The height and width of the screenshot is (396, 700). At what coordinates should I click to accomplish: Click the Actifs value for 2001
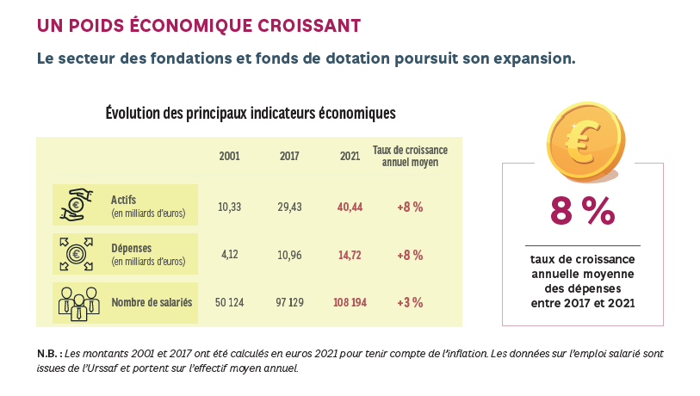pyautogui.click(x=229, y=207)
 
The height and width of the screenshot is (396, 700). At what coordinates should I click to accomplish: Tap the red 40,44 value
pyautogui.click(x=350, y=207)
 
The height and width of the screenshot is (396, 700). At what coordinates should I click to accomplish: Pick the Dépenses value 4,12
pyautogui.click(x=229, y=255)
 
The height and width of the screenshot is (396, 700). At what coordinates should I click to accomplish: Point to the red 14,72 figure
pyautogui.click(x=350, y=255)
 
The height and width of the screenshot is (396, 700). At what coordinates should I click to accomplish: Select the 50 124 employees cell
pyautogui.click(x=229, y=302)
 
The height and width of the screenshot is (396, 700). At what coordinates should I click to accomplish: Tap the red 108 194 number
pyautogui.click(x=350, y=302)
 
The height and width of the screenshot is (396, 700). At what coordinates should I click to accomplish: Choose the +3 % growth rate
pyautogui.click(x=410, y=302)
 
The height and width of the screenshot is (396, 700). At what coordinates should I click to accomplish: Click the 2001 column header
pyautogui.click(x=229, y=156)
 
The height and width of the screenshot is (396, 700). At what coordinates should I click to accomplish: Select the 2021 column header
pyautogui.click(x=350, y=156)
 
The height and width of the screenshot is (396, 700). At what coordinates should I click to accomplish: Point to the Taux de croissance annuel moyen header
pyautogui.click(x=410, y=156)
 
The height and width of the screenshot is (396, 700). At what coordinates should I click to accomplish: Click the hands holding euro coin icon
pyautogui.click(x=76, y=205)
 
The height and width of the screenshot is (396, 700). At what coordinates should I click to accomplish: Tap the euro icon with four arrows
pyautogui.click(x=76, y=253)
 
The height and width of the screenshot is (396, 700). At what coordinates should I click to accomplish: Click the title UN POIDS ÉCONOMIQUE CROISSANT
pyautogui.click(x=198, y=26)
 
